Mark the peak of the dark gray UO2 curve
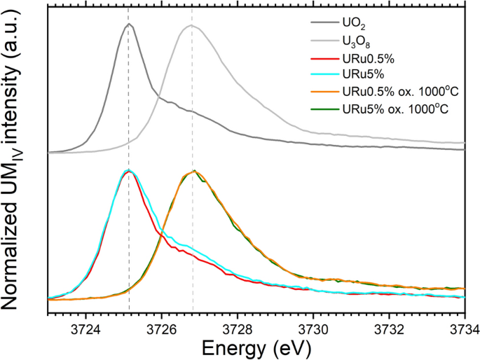[128, 25]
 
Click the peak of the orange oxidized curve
[193, 171]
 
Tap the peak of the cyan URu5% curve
[128, 170]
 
